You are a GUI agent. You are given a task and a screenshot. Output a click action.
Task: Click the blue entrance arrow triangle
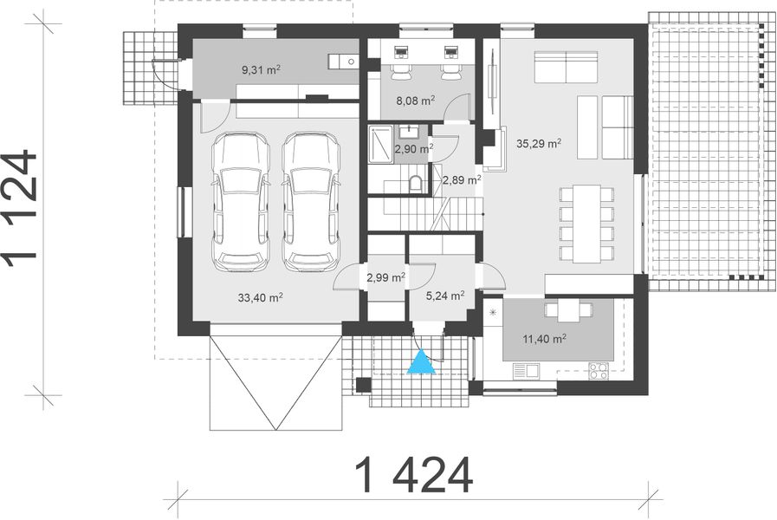pyautogui.click(x=422, y=362)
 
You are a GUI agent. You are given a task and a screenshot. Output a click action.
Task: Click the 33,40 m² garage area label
pyautogui.click(x=261, y=296)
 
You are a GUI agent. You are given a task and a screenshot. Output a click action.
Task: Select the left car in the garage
pyautogui.click(x=240, y=201)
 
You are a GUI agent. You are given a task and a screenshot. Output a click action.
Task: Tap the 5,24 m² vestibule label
pyautogui.click(x=445, y=295)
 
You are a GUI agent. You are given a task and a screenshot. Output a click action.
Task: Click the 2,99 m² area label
pyautogui.click(x=386, y=278)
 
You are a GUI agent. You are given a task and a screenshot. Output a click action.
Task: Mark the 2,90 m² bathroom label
pyautogui.click(x=413, y=149)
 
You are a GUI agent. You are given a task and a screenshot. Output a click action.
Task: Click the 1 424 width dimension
pyautogui.click(x=414, y=474)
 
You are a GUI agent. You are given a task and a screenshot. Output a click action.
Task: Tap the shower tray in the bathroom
pyautogui.click(x=381, y=144)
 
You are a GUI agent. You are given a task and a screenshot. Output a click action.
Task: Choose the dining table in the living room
pyautogui.click(x=586, y=224)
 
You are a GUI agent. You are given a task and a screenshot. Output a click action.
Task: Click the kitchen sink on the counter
pyautogui.click(x=526, y=371)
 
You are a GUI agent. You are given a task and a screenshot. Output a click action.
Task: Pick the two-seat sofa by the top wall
pyautogui.click(x=566, y=67)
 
